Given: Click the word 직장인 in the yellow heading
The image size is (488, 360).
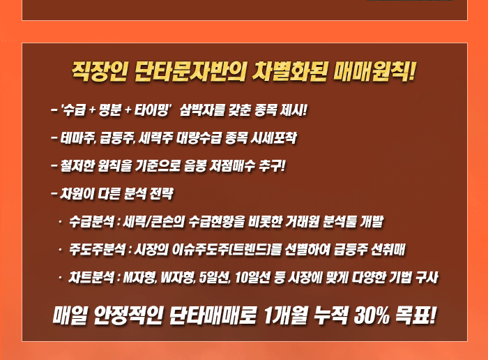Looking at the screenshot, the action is pyautogui.click(x=99, y=72).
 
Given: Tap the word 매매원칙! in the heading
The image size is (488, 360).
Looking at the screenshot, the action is pyautogui.click(x=374, y=72).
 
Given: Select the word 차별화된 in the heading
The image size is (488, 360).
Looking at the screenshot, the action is pyautogui.click(x=289, y=72).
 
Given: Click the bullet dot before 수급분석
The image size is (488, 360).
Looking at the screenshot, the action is pyautogui.click(x=60, y=221).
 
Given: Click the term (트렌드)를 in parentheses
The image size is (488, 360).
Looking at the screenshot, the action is pyautogui.click(x=255, y=250).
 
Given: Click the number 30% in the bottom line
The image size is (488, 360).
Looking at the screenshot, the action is pyautogui.click(x=372, y=315).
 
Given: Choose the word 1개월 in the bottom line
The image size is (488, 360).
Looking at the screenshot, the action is pyautogui.click(x=285, y=315).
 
